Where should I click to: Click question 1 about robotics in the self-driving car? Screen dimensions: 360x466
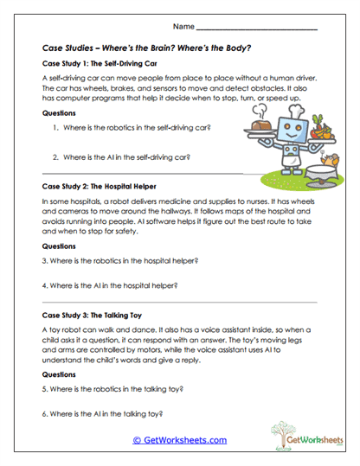point(137,128)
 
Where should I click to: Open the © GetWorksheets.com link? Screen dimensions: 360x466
point(179,440)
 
